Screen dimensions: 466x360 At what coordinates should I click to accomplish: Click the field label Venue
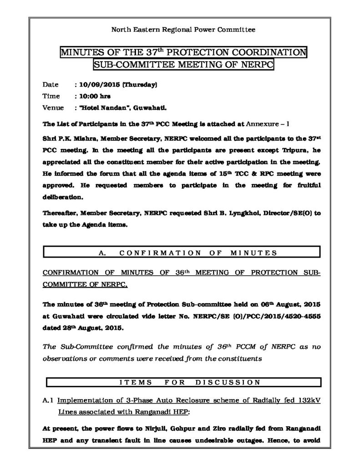pos(52,108)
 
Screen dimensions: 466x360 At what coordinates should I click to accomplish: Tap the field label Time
pos(51,96)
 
